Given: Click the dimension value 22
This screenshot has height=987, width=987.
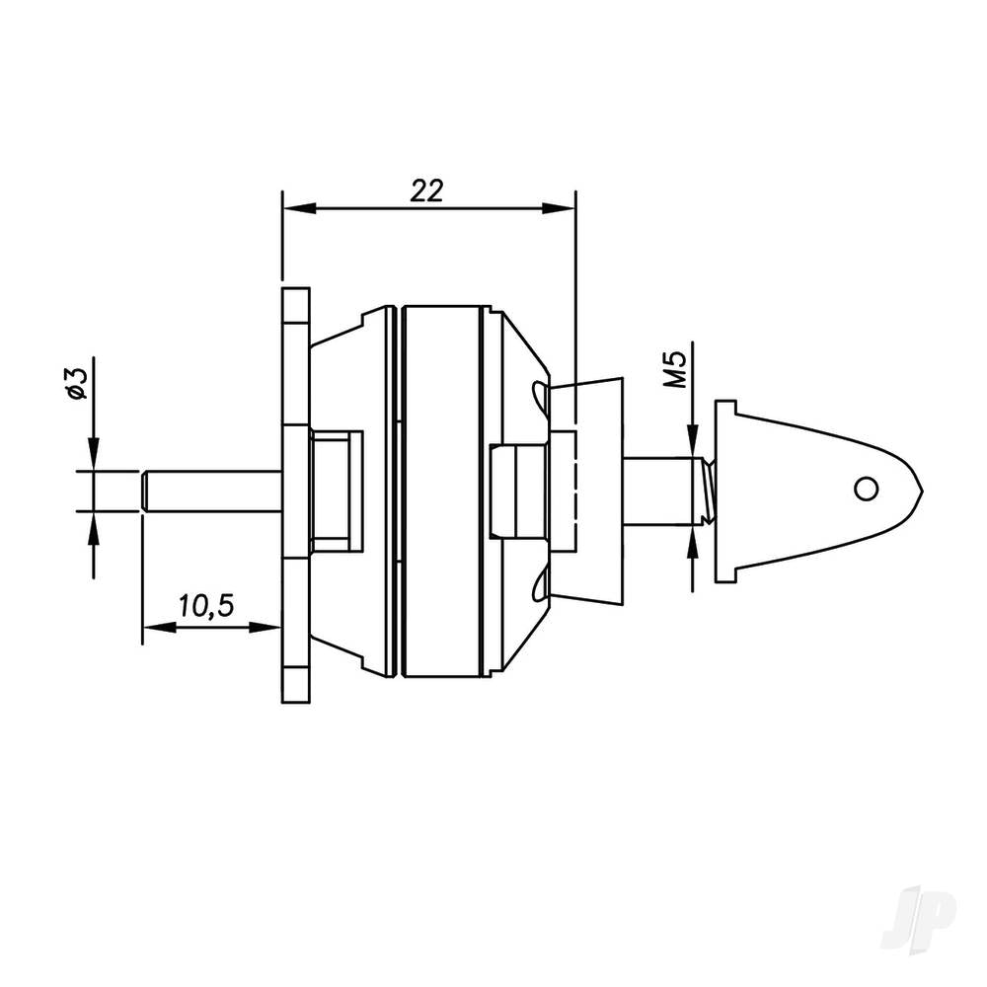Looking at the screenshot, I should (427, 190).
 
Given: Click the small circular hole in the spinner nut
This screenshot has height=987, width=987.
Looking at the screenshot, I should (866, 488).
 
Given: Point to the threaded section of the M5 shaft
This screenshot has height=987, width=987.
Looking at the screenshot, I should (706, 490).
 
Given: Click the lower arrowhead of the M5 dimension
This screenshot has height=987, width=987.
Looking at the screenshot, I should (694, 539).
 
